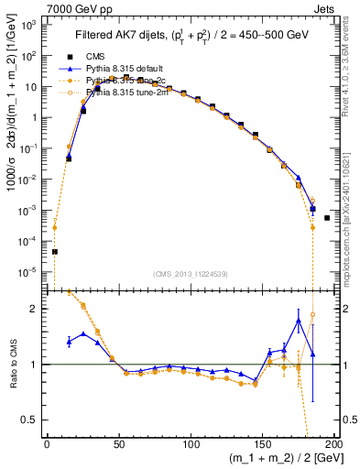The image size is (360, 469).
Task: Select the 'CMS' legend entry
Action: click(107, 55)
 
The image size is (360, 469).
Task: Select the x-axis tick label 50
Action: click(119, 446)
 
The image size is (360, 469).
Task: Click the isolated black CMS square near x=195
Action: click(327, 244)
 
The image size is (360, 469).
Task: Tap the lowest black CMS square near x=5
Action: click(54, 252)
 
